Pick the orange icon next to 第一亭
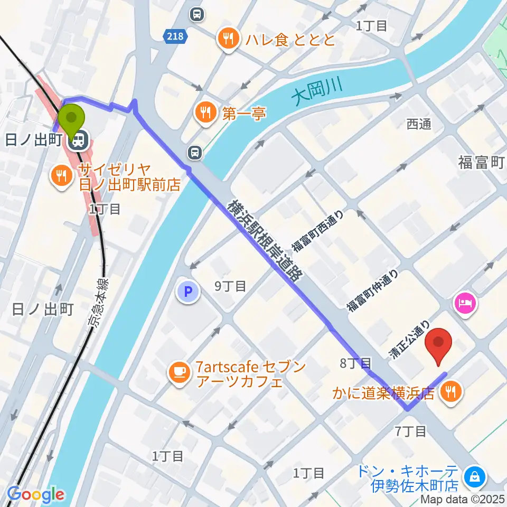(204, 112)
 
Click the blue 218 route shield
(175, 36)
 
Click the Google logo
(35, 495)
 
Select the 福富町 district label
(480, 163)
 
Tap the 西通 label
(419, 124)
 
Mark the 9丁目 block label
(230, 286)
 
